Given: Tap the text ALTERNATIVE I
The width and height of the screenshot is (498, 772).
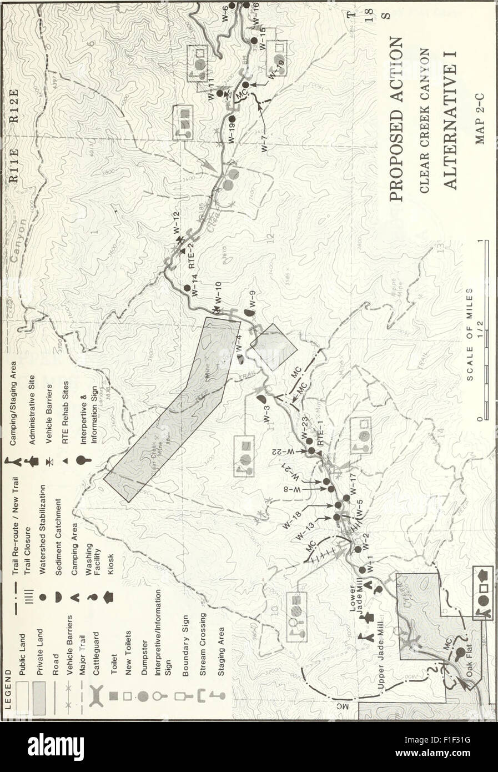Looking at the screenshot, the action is coord(447,114).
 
